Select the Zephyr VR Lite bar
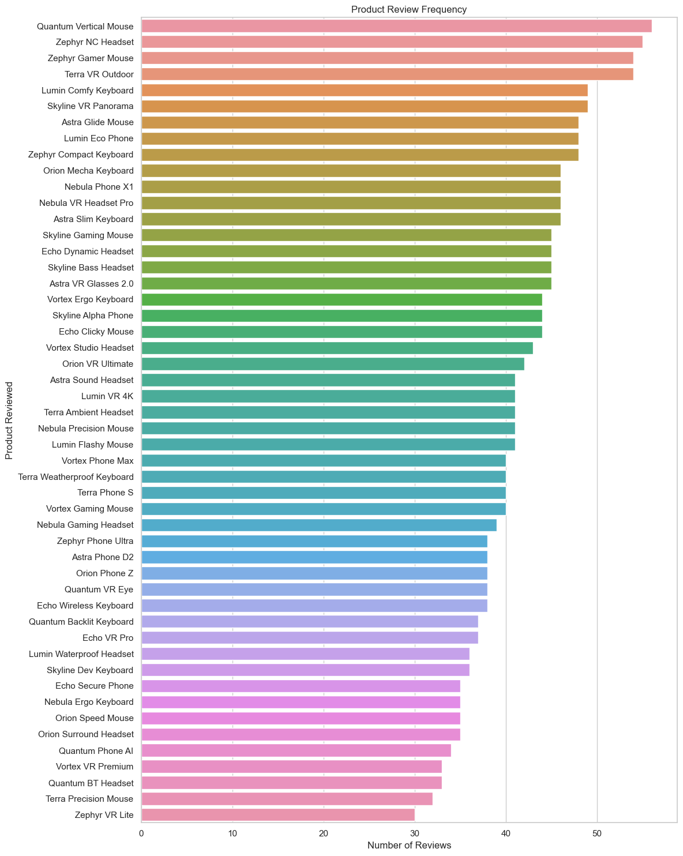coord(277,814)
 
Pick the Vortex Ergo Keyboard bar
coord(341,299)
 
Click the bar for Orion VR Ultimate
coord(332,364)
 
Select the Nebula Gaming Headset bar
coord(318,525)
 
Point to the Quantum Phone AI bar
coord(296,750)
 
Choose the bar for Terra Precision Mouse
coord(287,799)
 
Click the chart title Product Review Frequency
coord(409,9)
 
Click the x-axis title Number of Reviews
coord(409,845)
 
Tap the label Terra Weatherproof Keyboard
coord(76,476)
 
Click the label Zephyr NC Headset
coord(95,42)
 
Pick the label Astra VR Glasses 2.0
coord(92,283)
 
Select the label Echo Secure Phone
coord(95,686)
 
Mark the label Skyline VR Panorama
coord(91,106)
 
